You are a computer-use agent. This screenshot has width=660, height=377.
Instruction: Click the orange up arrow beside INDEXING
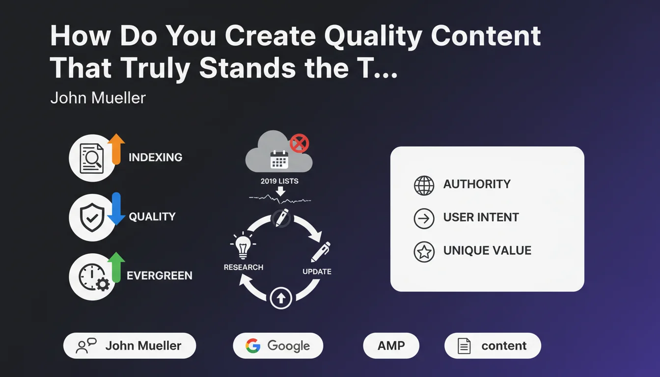tap(116, 149)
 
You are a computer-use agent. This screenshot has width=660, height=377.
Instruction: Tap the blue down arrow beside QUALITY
tap(116, 209)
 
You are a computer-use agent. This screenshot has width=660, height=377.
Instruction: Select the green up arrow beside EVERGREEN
tap(116, 267)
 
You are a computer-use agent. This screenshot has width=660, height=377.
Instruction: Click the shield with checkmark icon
tap(92, 217)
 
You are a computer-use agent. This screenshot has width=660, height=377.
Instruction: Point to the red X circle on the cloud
tap(300, 143)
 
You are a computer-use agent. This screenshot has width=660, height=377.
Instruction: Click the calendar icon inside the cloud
tap(279, 160)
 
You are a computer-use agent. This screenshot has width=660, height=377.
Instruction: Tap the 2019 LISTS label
tap(279, 181)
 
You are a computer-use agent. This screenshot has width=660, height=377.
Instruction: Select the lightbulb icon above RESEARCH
tap(243, 245)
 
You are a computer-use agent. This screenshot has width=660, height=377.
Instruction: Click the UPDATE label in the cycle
tap(317, 271)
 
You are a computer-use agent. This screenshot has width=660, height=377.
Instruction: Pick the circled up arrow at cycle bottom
tap(281, 298)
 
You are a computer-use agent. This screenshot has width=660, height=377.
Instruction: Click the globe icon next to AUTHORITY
tap(424, 186)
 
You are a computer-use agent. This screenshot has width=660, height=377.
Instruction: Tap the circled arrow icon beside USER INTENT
tap(424, 218)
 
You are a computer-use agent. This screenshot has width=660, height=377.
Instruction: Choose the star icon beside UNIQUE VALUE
tap(424, 252)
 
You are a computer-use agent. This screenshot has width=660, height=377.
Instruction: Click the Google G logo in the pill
tap(253, 346)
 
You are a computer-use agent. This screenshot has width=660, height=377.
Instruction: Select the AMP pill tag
tap(391, 346)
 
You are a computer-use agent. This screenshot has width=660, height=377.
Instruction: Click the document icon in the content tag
tap(464, 346)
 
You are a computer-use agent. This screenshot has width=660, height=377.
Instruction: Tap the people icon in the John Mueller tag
tap(86, 346)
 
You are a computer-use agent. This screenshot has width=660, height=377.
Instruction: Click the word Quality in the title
tap(373, 37)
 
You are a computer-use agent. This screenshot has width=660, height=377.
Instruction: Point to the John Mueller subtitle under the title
tap(98, 98)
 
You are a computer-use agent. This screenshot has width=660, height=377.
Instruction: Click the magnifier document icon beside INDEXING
tap(92, 158)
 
